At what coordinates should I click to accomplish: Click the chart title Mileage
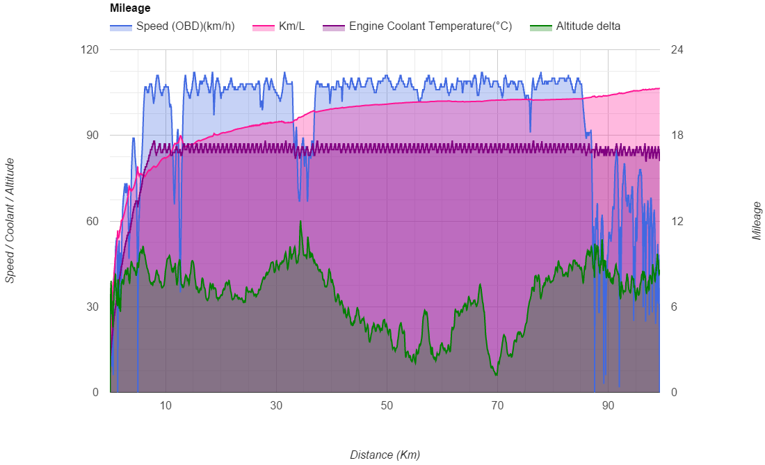(x=130, y=8)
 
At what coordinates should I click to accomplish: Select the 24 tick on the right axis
(x=677, y=50)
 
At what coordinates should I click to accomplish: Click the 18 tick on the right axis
(x=677, y=136)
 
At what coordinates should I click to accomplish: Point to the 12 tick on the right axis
(x=677, y=221)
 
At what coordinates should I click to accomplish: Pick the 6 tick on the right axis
(x=674, y=307)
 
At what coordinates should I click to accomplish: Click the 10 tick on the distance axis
(x=166, y=405)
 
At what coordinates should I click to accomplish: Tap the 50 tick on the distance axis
(x=387, y=405)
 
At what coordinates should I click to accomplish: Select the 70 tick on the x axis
(x=497, y=405)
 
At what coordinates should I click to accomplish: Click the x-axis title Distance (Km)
(x=385, y=455)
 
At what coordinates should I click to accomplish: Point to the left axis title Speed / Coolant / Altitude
(x=10, y=220)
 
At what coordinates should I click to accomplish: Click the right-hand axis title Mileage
(x=757, y=220)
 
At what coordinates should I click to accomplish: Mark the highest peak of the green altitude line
(x=300, y=221)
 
